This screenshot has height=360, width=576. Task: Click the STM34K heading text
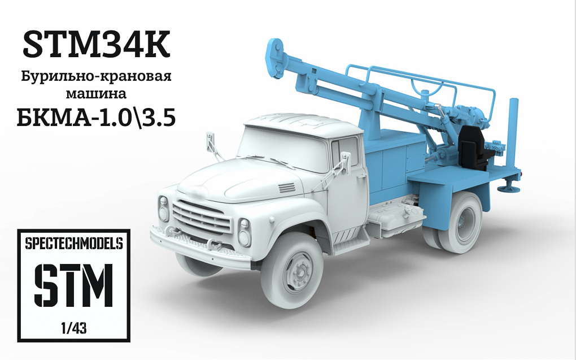(96, 46)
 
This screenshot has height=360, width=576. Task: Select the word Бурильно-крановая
(96, 76)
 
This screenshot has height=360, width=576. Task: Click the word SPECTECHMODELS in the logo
(74, 244)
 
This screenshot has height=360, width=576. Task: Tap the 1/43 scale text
(74, 327)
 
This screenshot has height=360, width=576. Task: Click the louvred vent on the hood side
(286, 188)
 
